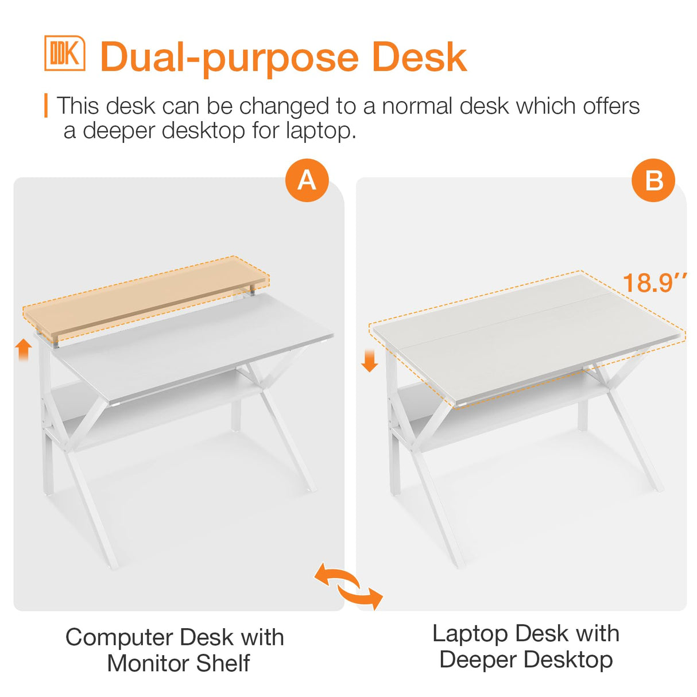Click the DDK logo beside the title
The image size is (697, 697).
[x=65, y=53]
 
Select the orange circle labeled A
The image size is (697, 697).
[x=307, y=180]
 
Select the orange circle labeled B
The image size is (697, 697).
[x=653, y=180]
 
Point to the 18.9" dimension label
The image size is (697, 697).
[x=655, y=283]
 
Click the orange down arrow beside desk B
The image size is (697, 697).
[x=370, y=360]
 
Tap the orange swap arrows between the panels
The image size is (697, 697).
[x=348, y=586]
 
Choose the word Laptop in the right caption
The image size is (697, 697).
[x=470, y=634]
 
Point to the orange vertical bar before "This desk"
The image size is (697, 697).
[x=46, y=106]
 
